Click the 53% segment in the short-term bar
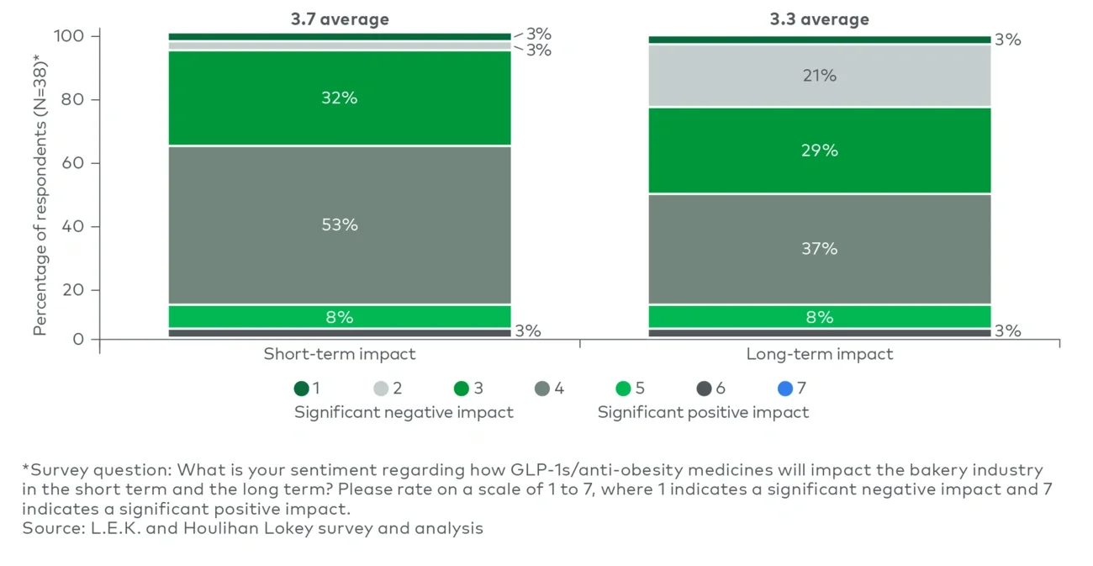(340, 225)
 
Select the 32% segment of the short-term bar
(340, 98)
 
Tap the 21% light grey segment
(819, 76)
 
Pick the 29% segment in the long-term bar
(819, 151)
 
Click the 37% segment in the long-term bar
(819, 249)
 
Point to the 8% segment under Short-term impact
(340, 317)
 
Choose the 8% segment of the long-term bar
(819, 317)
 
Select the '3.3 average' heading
(819, 19)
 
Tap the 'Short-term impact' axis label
(340, 354)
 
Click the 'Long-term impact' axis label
(819, 354)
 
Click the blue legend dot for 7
(784, 389)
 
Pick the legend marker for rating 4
(543, 389)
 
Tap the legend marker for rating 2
(382, 389)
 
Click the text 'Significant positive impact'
(703, 412)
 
